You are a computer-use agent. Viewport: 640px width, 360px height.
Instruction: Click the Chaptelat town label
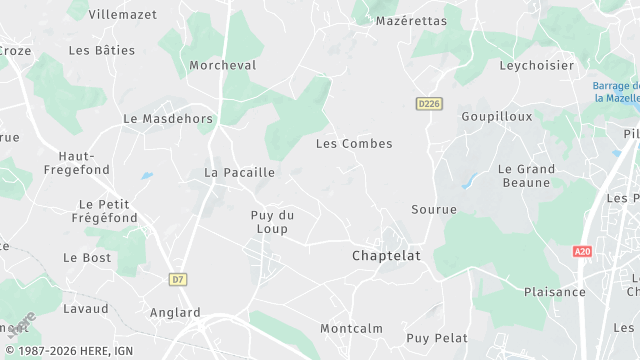click(x=386, y=256)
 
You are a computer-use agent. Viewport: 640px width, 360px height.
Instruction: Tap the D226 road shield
click(x=429, y=103)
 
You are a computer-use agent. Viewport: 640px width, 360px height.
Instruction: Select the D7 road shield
click(x=178, y=280)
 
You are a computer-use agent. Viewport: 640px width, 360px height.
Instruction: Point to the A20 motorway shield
click(x=583, y=252)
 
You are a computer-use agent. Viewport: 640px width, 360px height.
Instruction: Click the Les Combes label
click(x=354, y=144)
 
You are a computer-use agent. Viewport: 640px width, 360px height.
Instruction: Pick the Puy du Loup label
click(x=271, y=222)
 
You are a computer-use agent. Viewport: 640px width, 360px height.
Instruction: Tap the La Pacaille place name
click(x=239, y=173)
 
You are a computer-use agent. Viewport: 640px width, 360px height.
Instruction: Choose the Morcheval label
click(x=223, y=65)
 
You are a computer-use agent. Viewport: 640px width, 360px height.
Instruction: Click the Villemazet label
click(x=122, y=15)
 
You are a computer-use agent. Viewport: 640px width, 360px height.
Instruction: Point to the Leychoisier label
click(x=537, y=65)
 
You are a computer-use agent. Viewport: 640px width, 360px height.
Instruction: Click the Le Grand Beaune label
click(x=525, y=176)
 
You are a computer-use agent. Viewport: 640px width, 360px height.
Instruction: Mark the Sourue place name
click(x=434, y=210)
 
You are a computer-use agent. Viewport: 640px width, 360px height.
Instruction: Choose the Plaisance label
click(x=555, y=292)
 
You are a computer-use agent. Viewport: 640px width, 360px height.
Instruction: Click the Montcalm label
click(x=352, y=329)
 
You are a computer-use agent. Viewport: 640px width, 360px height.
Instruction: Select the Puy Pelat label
click(x=437, y=338)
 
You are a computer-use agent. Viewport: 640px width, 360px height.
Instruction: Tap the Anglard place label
click(x=174, y=313)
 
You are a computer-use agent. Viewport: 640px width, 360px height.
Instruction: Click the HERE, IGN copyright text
click(x=67, y=351)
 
